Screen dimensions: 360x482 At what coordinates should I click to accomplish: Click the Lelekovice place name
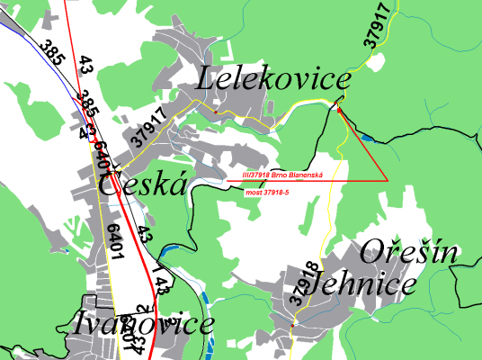coord(272,81)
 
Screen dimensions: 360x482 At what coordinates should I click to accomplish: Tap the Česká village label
coord(144,185)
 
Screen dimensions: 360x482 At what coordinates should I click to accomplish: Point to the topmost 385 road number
coord(52,56)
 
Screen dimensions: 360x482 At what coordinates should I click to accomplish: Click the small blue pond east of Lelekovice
coord(366,138)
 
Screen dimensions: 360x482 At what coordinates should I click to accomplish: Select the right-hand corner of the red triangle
coord(388,180)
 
